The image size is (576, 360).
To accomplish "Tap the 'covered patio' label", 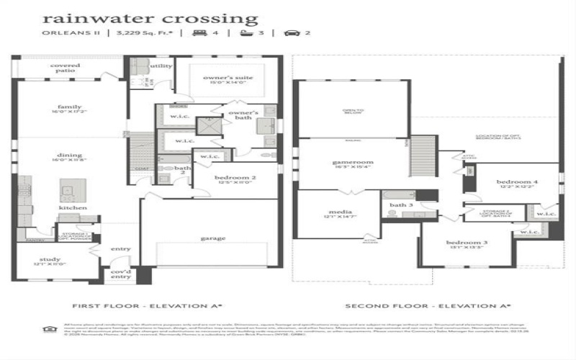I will [x=65, y=68].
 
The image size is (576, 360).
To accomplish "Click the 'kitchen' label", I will [x=73, y=207].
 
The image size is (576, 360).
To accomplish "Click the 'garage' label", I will [x=212, y=238].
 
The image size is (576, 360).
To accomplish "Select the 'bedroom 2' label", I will [x=235, y=177].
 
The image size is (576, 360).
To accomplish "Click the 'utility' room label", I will [x=161, y=66].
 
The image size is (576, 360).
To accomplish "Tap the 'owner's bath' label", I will [x=243, y=116].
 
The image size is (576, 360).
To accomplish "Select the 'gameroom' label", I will [x=348, y=163].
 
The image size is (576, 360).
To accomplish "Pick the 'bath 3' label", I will [x=400, y=204].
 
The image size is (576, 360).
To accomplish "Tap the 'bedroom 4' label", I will [x=513, y=182].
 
